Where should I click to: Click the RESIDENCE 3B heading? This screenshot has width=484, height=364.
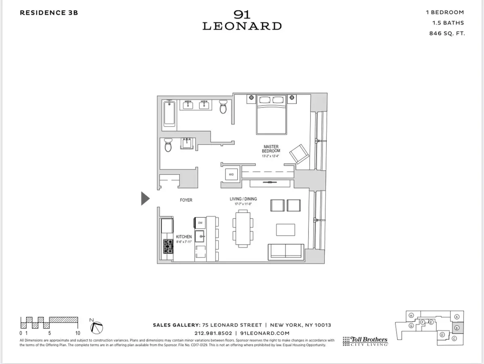tap(49, 13)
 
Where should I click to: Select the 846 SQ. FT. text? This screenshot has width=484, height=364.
tap(447, 33)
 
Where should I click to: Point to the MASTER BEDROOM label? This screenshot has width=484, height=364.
tap(271, 149)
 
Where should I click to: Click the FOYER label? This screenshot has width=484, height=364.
tap(186, 200)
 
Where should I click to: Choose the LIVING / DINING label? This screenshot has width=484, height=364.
tap(243, 199)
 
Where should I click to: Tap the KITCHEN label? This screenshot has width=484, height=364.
tap(184, 237)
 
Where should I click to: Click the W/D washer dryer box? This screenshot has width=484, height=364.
tap(232, 174)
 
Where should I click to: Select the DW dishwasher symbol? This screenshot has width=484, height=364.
tap(200, 223)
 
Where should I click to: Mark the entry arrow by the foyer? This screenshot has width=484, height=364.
tap(145, 199)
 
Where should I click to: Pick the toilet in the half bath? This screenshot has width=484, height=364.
tap(168, 145)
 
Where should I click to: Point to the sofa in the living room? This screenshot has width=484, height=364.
tap(286, 252)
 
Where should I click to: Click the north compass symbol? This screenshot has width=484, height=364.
tap(97, 327)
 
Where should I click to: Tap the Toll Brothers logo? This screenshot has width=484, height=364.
tap(365, 341)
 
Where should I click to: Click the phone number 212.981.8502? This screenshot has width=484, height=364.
tap(213, 333)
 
